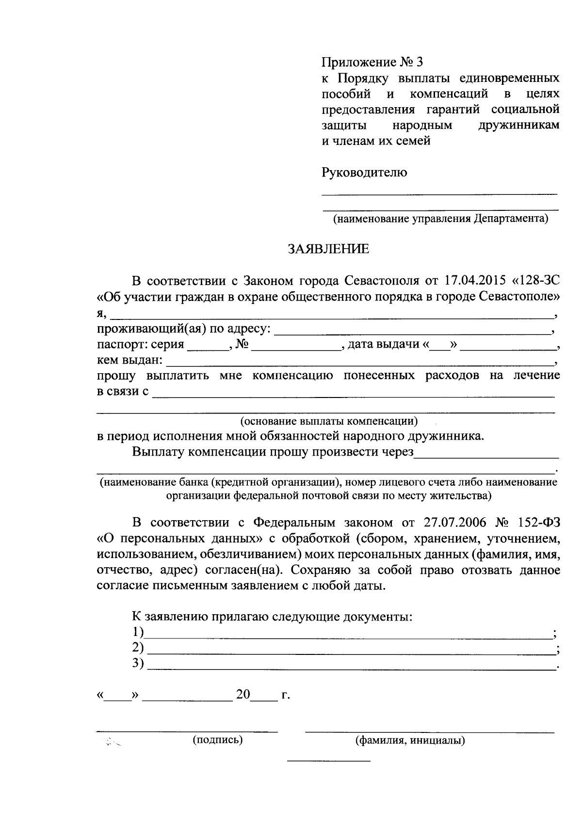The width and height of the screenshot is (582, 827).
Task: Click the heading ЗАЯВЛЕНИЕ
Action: pos(328,249)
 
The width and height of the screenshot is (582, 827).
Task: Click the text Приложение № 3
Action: pos(372,62)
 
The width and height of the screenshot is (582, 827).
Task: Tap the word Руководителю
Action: pos(364,172)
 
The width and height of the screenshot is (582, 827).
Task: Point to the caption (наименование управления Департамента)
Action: pos(440,219)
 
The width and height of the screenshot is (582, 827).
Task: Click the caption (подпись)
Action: pos(218,740)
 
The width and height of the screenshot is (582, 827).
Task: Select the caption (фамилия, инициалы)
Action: pos(410,741)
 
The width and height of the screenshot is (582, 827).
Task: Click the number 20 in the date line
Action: pos(243,695)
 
